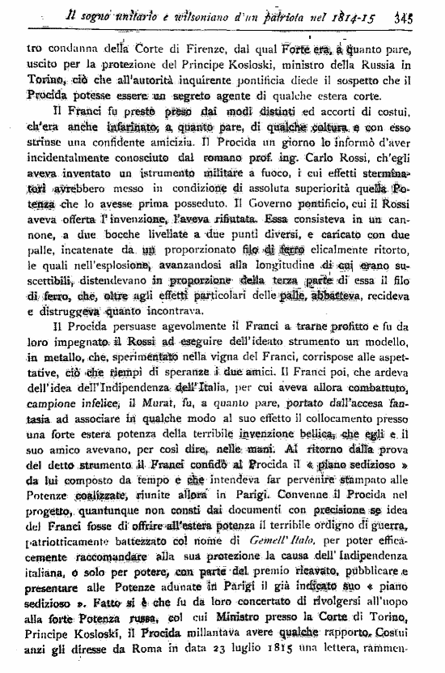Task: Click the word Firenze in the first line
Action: (194, 47)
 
